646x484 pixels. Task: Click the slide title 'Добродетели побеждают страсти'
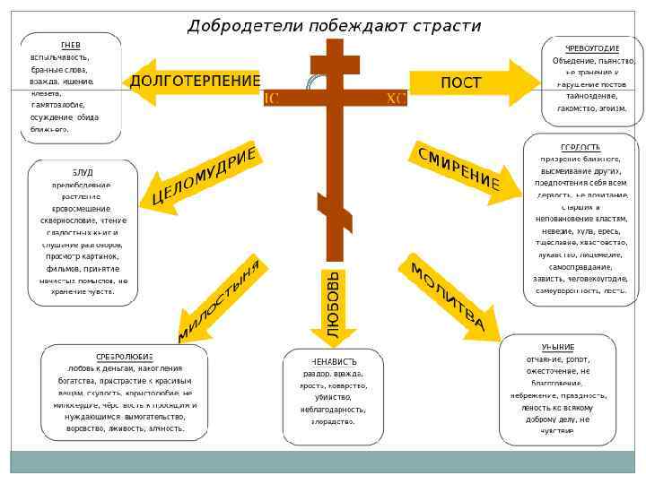(334, 26)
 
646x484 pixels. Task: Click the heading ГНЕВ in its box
(70, 44)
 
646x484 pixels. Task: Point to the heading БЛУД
(83, 171)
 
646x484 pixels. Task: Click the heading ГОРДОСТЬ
(581, 147)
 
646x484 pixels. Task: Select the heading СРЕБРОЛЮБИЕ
(125, 356)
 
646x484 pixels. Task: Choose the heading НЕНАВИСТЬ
(333, 361)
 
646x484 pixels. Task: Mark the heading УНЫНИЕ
(557, 347)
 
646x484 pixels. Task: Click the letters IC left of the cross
(270, 99)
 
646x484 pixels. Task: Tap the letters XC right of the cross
(396, 99)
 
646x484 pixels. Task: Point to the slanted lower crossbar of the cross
(334, 218)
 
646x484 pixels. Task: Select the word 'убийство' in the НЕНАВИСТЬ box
(333, 396)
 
